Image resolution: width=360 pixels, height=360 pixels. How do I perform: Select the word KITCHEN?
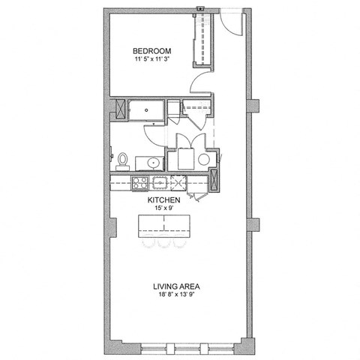pyautogui.click(x=162, y=200)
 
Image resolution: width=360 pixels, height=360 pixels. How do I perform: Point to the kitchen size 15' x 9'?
pyautogui.click(x=162, y=209)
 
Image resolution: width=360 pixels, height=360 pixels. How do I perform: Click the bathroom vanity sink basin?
pyautogui.click(x=152, y=161)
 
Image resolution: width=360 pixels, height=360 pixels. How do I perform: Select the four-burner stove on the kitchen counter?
pyautogui.click(x=139, y=181)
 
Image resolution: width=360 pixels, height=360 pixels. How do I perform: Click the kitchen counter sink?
pyautogui.click(x=160, y=181)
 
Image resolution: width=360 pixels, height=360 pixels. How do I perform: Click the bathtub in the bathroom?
pyautogui.click(x=146, y=109)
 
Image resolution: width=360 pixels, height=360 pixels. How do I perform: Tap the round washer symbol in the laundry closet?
pyautogui.click(x=204, y=159)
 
